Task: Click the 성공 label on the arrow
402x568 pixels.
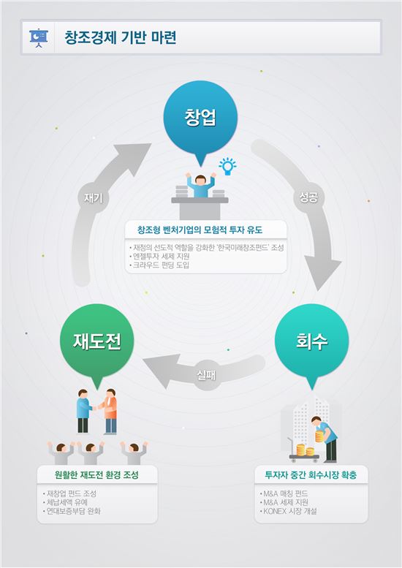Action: point(308,197)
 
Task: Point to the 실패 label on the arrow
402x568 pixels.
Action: point(206,375)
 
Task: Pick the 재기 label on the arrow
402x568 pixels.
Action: point(93,198)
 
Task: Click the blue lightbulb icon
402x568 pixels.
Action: point(227,167)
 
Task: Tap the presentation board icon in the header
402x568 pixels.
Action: point(39,38)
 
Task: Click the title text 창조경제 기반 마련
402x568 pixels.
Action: point(121,38)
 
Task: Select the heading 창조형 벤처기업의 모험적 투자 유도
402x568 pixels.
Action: point(200,230)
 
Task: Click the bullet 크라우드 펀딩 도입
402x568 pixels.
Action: point(159,265)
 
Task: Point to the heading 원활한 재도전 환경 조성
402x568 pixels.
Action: point(96,474)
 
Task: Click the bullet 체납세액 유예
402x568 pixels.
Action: point(65,502)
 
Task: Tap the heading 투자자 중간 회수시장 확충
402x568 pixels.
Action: point(311,474)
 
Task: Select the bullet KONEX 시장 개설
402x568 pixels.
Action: point(288,511)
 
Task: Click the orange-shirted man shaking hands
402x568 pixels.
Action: point(110,412)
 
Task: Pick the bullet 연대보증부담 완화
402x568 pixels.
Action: point(72,511)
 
